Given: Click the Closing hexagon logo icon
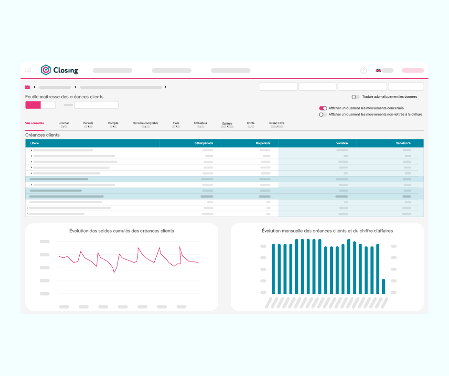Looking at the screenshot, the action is pos(45,70).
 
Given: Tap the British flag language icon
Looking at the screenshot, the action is pos(378,71).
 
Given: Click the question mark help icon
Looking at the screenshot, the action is pos(363,71).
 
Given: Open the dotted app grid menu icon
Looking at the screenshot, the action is pos(28,70).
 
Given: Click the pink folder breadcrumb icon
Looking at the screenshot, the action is pos(28,87).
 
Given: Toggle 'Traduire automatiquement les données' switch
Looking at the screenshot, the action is pos(355,97).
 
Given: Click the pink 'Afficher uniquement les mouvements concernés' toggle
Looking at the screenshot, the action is pos(323,108).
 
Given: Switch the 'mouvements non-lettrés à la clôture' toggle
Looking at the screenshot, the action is pos(323,115).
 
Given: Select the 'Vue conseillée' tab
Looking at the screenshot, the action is pos(35,123).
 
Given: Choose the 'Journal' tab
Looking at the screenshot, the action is pos(64,123).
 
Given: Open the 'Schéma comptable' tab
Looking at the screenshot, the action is pos(146,123).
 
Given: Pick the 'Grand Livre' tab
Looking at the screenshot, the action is pos(277,123).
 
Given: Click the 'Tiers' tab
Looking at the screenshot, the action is pos(176,123).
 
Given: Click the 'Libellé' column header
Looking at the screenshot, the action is pos(34,143).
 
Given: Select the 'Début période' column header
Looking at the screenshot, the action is pos(203,143).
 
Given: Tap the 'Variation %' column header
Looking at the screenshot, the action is pos(403,143).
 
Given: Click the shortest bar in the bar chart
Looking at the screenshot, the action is pos(384,286).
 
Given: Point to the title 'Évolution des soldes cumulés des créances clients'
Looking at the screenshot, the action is pos(122,231).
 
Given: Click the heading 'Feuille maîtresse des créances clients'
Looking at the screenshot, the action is pos(64,97).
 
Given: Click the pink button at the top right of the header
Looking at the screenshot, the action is pos(413,71).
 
